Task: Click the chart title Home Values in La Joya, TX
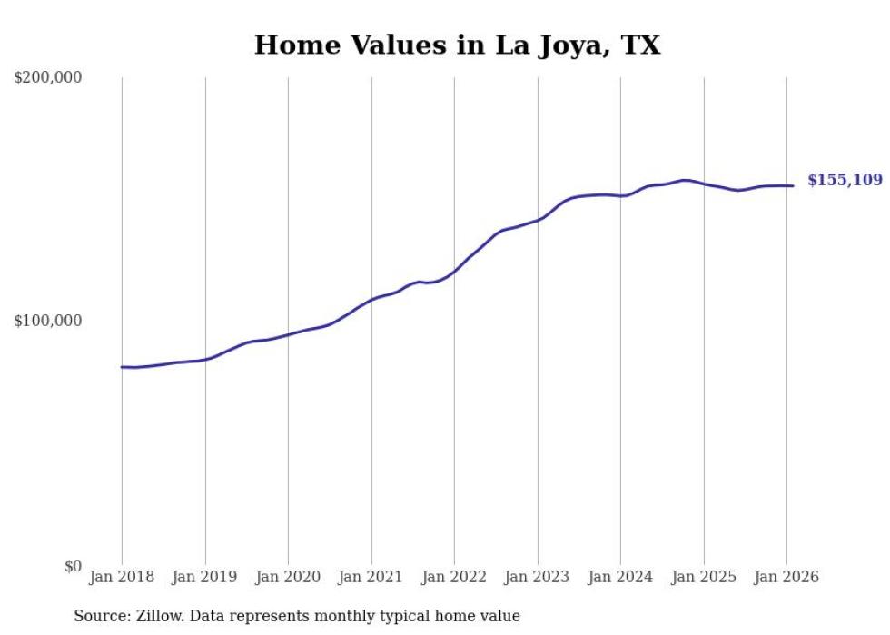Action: (x=457, y=45)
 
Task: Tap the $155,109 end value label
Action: (x=845, y=180)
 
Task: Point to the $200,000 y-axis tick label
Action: (x=48, y=78)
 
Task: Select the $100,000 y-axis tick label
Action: (x=48, y=322)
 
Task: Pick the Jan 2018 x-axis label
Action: (x=122, y=578)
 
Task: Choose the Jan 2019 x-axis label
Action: (x=205, y=578)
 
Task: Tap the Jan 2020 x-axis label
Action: (x=288, y=578)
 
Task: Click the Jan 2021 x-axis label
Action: (x=371, y=578)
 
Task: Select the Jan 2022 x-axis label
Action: (x=454, y=578)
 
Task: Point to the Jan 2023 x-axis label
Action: (x=538, y=578)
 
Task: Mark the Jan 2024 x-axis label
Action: (x=620, y=578)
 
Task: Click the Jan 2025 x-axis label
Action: (x=704, y=578)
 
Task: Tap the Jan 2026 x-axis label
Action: (x=786, y=578)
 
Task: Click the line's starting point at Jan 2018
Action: (x=122, y=367)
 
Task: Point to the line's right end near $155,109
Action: (x=793, y=186)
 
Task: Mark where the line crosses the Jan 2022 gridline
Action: (x=454, y=271)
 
